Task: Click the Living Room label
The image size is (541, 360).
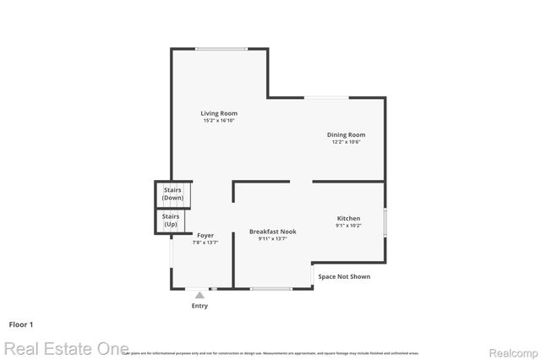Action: click(219, 113)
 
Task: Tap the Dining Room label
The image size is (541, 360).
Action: click(347, 134)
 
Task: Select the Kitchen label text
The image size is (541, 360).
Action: click(349, 218)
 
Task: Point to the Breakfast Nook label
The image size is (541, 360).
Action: click(273, 231)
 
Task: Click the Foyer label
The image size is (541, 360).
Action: click(206, 235)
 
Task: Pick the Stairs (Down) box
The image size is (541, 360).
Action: click(172, 194)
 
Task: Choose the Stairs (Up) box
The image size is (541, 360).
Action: click(171, 220)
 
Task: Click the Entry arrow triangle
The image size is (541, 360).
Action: click(199, 295)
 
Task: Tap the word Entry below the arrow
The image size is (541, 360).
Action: click(199, 306)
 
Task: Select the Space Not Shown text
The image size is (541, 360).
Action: click(344, 276)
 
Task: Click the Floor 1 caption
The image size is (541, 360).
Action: click(21, 324)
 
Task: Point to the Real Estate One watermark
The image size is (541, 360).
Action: click(65, 348)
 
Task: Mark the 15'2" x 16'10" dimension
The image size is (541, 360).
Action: click(219, 121)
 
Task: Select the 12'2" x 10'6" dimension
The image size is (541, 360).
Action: click(347, 142)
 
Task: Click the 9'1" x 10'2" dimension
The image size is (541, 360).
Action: click(349, 226)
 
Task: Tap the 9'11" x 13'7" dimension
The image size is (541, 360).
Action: click(273, 238)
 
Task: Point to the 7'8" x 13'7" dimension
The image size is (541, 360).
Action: click(206, 243)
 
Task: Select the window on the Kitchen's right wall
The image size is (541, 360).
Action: click(385, 221)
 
